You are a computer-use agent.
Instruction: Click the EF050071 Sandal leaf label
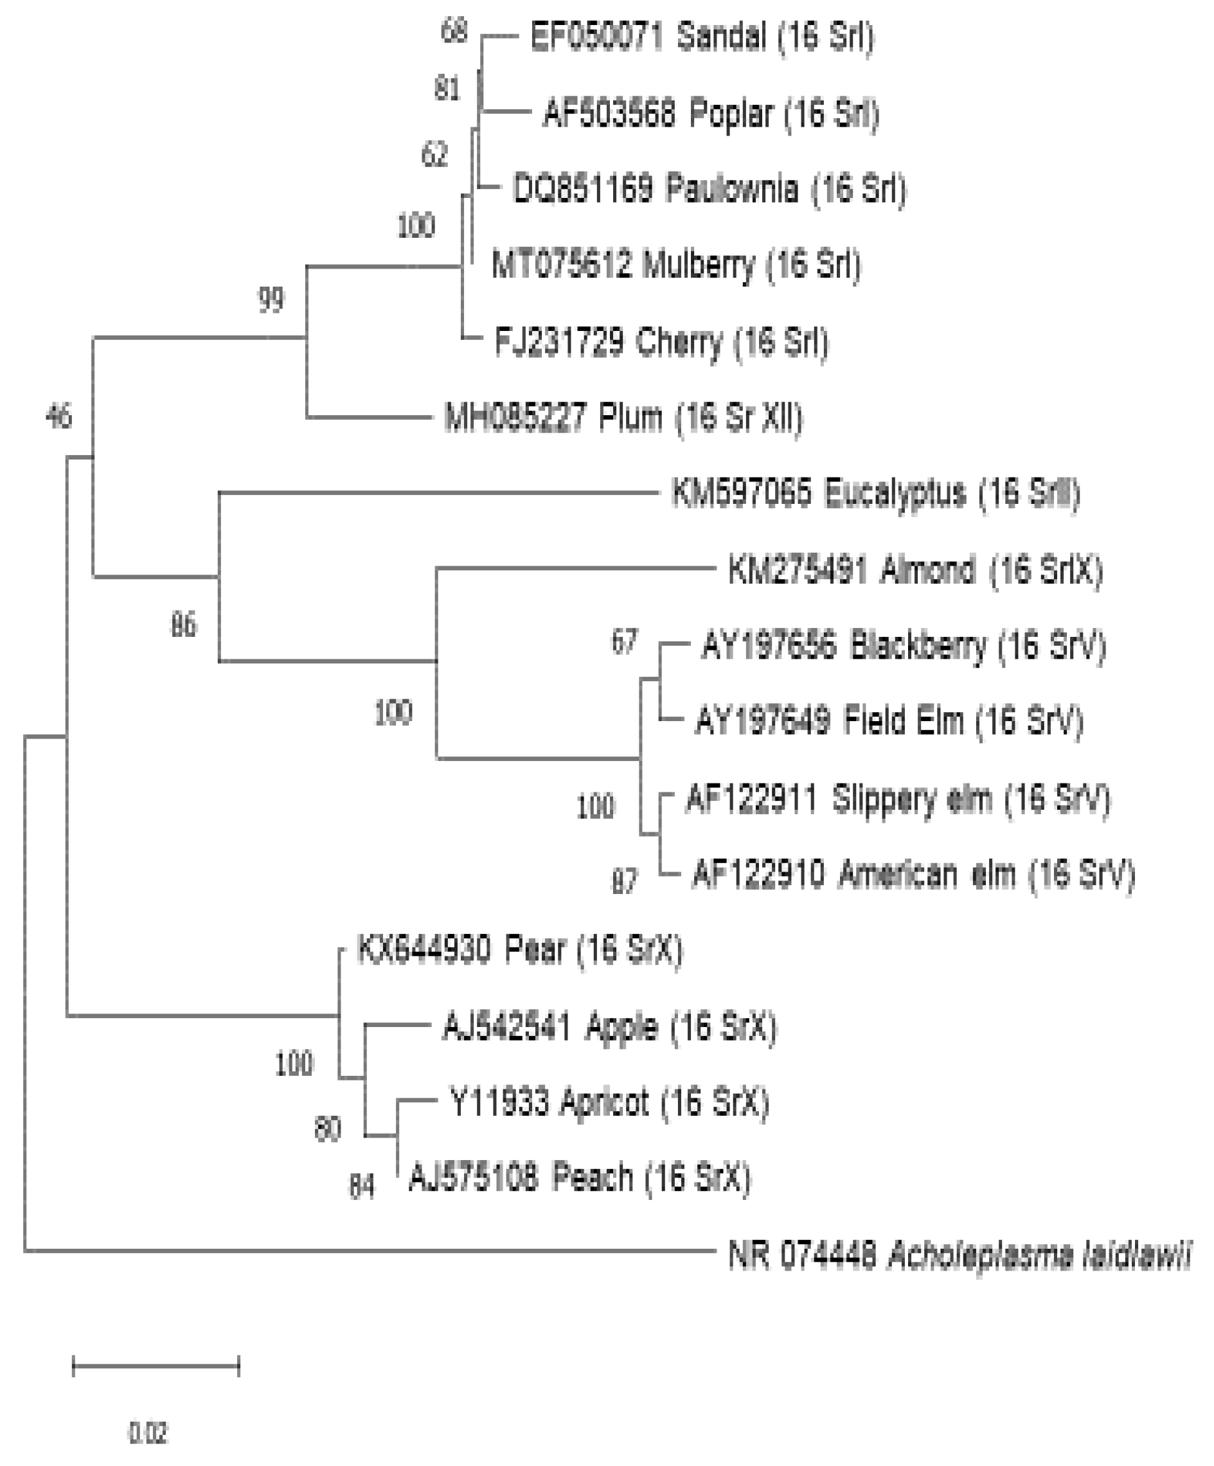pyautogui.click(x=702, y=37)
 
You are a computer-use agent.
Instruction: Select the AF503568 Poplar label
pyautogui.click(x=711, y=114)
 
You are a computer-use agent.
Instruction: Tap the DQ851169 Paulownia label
pyautogui.click(x=710, y=189)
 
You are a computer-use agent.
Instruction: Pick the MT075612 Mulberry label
pyautogui.click(x=675, y=265)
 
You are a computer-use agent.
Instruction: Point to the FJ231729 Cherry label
pyautogui.click(x=661, y=342)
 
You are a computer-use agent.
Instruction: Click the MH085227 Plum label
pyautogui.click(x=623, y=418)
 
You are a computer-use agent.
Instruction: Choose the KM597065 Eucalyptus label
pyautogui.click(x=875, y=494)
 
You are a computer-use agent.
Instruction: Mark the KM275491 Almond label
pyautogui.click(x=915, y=570)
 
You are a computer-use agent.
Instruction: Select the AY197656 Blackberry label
pyautogui.click(x=904, y=646)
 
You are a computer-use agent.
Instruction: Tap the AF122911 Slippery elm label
pyautogui.click(x=898, y=799)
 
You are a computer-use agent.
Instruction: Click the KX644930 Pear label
pyautogui.click(x=519, y=950)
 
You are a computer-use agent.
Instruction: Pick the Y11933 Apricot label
pyautogui.click(x=609, y=1102)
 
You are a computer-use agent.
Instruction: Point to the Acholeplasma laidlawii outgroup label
pyautogui.click(x=960, y=1255)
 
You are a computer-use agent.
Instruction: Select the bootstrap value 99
pyautogui.click(x=272, y=300)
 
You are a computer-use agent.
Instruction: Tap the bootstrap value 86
pyautogui.click(x=184, y=625)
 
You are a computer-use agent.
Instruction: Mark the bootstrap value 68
pyautogui.click(x=454, y=31)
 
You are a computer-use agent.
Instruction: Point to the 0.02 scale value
pyautogui.click(x=147, y=1433)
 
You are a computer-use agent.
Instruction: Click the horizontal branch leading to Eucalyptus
pyautogui.click(x=440, y=493)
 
